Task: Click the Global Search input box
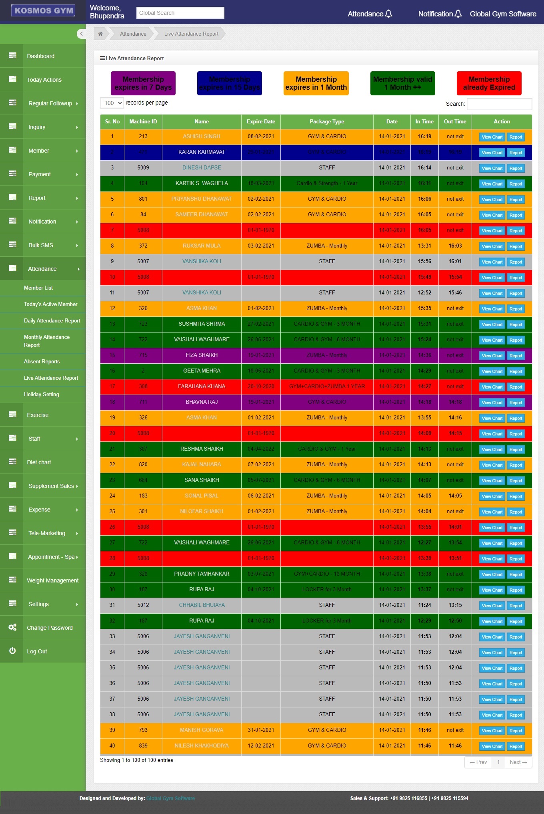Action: [180, 13]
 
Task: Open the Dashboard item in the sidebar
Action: [40, 56]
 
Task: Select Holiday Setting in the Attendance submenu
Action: [41, 395]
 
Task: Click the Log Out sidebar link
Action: [37, 651]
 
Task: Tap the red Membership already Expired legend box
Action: [489, 83]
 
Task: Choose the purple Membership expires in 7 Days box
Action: [143, 83]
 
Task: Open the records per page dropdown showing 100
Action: [112, 103]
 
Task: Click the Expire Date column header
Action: [261, 122]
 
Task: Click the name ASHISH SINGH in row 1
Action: [202, 137]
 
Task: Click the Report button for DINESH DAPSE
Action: [516, 168]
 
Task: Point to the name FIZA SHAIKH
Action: [202, 355]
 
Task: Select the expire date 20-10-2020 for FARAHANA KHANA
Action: [261, 387]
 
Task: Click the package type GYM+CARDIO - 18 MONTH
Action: [327, 574]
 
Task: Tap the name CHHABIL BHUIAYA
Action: [202, 605]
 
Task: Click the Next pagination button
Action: [518, 762]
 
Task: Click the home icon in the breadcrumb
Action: [100, 34]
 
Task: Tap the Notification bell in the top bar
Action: [458, 14]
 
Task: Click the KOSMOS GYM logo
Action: [44, 11]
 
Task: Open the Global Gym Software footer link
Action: [170, 798]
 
